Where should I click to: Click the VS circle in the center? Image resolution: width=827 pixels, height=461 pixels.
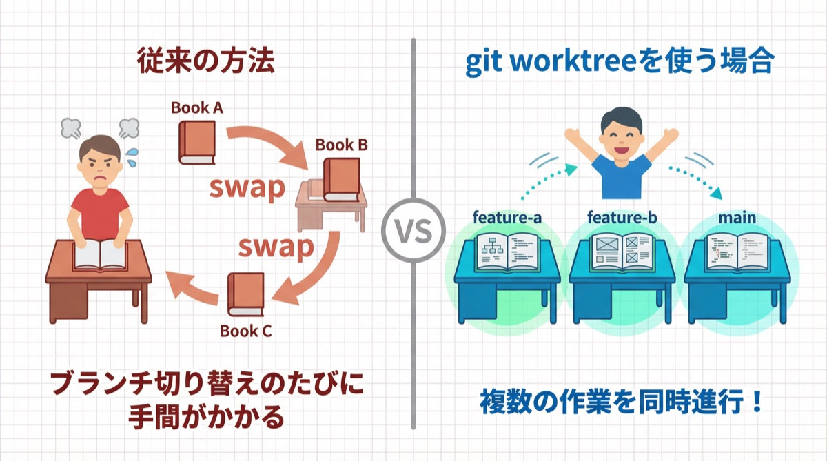coord(413,231)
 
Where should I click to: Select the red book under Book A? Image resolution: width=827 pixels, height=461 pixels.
coord(197,143)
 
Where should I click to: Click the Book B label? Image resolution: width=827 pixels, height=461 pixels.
coord(341,145)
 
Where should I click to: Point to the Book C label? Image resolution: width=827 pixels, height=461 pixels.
coord(245,330)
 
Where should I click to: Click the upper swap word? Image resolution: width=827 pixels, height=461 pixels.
coord(247,187)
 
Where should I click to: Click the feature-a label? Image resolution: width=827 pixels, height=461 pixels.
coord(507,218)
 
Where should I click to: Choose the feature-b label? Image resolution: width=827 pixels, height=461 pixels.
coord(622,218)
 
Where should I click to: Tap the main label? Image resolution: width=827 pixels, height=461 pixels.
coord(736,218)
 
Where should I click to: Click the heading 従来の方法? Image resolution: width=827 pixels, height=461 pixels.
coord(206,63)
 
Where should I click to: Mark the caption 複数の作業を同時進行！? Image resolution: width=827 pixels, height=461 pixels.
coord(621,402)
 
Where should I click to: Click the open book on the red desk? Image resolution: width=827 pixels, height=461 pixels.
coord(101,254)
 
